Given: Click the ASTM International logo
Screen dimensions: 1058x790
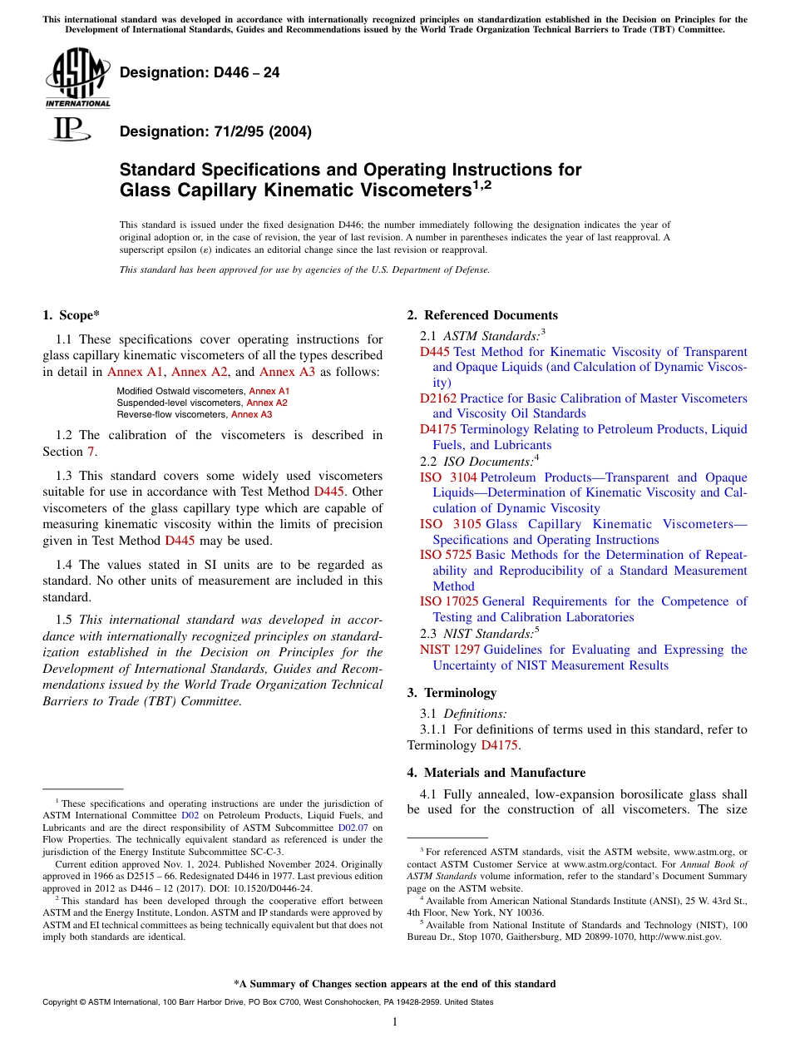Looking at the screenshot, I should pos(77,78).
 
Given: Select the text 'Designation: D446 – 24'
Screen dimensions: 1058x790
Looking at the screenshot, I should pos(200,72).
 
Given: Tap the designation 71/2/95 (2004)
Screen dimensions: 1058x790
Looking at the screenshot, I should pos(216,131).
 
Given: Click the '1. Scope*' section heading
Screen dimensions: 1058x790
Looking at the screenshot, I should pos(71,315).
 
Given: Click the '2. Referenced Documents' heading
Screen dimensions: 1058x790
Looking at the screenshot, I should pos(482,315).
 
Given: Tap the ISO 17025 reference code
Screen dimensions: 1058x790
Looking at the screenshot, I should pos(448,601).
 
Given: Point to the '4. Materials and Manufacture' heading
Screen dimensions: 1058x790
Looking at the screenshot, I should pos(496,773).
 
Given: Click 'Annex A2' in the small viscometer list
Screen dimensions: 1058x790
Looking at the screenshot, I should pos(267,403).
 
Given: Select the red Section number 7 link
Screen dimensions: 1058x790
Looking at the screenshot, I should pos(91,452).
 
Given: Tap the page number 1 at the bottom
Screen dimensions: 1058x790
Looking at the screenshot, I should pos(395,1022).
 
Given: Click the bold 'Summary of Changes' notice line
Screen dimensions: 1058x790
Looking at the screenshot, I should pos(395,984).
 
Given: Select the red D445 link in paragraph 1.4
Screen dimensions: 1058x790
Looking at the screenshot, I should pos(180,541).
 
